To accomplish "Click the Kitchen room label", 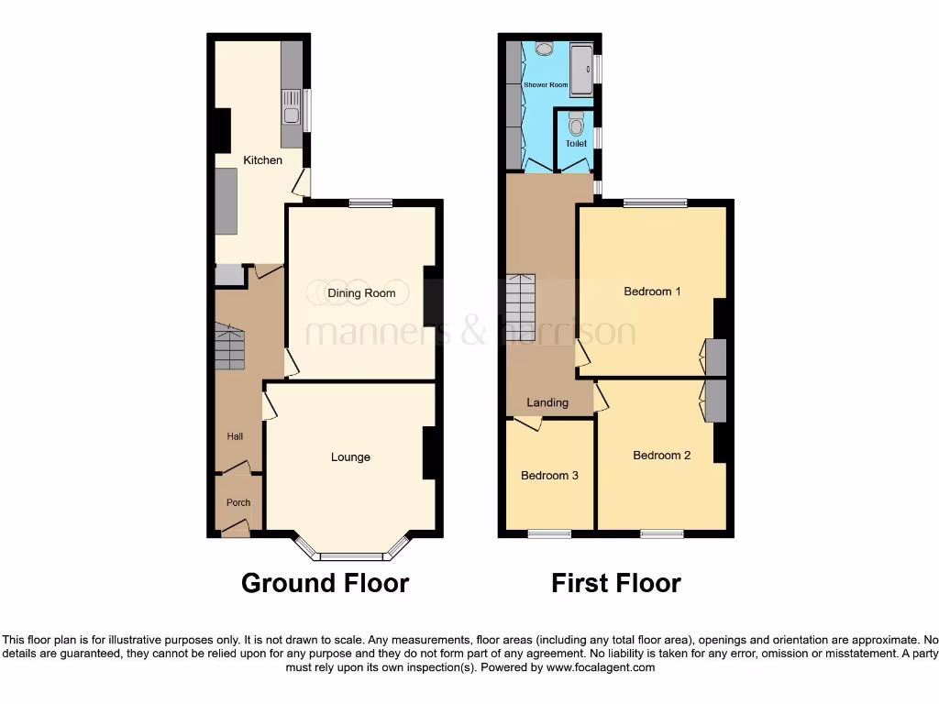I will point(262,160).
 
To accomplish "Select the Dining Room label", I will point(361,293).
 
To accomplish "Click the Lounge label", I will point(350,457).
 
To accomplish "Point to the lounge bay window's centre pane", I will point(350,555).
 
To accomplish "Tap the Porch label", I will point(238,502).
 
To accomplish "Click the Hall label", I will point(236,437).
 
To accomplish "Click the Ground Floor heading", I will point(325,583).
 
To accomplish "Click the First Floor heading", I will point(615,583).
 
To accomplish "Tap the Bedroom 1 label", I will point(652,291).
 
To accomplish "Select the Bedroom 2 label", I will point(661,456).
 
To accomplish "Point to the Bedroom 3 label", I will point(549,476).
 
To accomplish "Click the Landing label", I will point(547,402).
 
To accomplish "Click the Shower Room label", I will point(546,84).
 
